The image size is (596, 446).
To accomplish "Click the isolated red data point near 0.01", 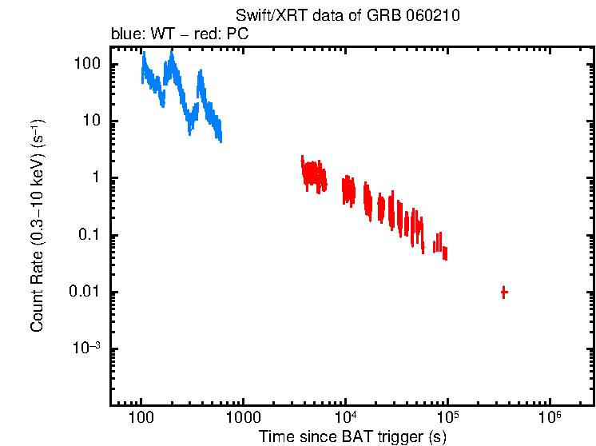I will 504,293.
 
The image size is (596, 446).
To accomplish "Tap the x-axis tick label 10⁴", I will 345,418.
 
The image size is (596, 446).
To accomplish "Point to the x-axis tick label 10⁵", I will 447,418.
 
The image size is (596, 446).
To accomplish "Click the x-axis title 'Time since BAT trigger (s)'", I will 352,436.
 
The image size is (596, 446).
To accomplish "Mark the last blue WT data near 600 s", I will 218,130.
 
